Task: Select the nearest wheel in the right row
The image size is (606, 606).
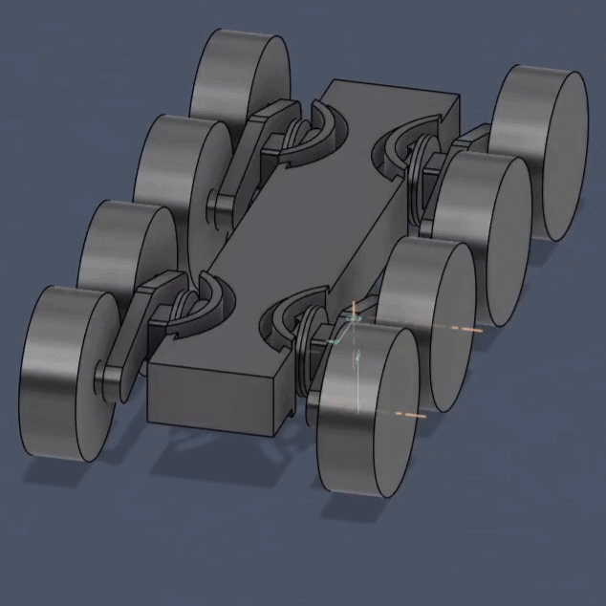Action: tap(368, 411)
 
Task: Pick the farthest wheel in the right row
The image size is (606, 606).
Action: tap(542, 148)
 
